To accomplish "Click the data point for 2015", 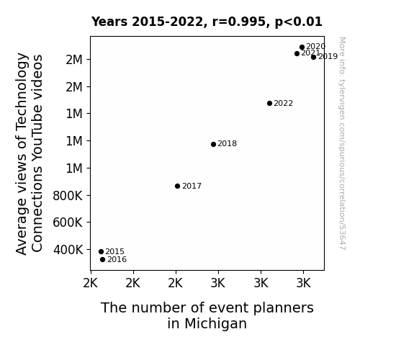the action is [x=101, y=252].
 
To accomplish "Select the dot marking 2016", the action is [x=103, y=260].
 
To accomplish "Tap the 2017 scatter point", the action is [x=177, y=186].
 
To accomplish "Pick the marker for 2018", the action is [x=213, y=144].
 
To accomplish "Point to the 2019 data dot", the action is [x=313, y=57].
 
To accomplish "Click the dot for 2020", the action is [x=302, y=48].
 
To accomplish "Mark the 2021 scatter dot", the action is [x=297, y=53].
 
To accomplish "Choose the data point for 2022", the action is [x=269, y=103].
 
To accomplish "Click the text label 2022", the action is [x=283, y=103].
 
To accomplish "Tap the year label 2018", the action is [x=227, y=144].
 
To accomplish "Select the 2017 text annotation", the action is [x=192, y=186].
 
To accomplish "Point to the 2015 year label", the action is [x=114, y=251].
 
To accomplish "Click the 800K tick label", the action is [x=68, y=196].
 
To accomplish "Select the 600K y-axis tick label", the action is [x=68, y=222].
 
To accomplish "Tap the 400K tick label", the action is [x=68, y=250].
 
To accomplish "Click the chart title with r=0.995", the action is [x=207, y=22].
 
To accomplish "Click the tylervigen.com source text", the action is [x=342, y=143].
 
